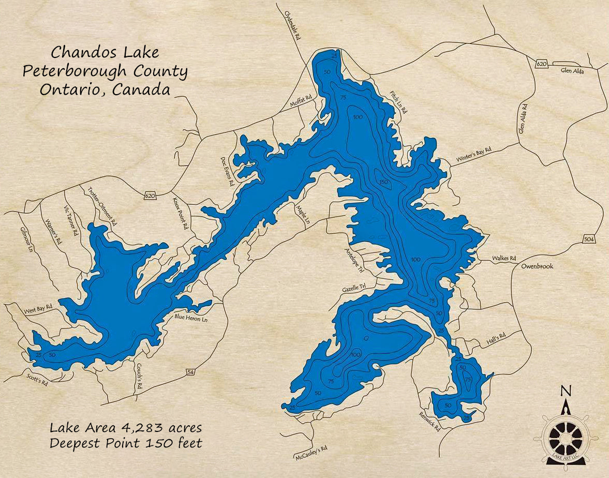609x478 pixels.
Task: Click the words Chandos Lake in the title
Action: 105,52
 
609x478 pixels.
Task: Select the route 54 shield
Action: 190,372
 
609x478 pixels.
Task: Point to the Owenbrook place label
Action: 537,266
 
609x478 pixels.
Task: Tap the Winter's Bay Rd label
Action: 473,155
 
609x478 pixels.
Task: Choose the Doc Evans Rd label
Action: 228,171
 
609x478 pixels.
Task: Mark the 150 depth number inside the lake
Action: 383,182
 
